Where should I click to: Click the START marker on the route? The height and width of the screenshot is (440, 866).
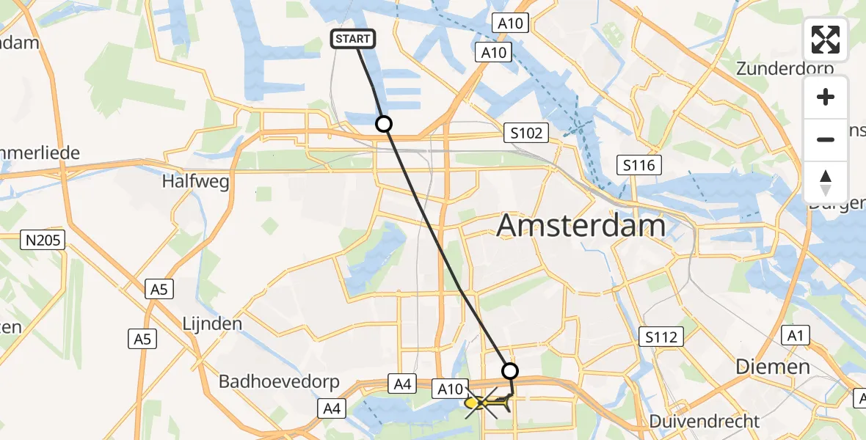point(354,39)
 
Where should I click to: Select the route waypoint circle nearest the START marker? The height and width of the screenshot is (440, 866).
point(384,124)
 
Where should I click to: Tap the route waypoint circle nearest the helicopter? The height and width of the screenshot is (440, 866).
point(510,370)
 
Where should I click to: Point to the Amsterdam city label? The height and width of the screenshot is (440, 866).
point(581,226)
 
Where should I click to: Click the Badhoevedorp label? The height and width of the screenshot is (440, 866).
point(279,382)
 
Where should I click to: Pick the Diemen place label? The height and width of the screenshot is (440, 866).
point(774,367)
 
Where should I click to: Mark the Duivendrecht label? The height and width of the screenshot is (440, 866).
point(705,422)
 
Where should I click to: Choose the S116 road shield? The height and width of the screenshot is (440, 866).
point(639,165)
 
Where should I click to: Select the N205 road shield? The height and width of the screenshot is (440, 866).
point(43,240)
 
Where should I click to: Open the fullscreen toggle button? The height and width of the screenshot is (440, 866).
point(826,39)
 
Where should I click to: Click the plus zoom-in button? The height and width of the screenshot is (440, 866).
point(826,98)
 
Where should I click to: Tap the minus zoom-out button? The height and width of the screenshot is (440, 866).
point(826,139)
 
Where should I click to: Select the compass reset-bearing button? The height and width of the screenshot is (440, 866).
point(826,182)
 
